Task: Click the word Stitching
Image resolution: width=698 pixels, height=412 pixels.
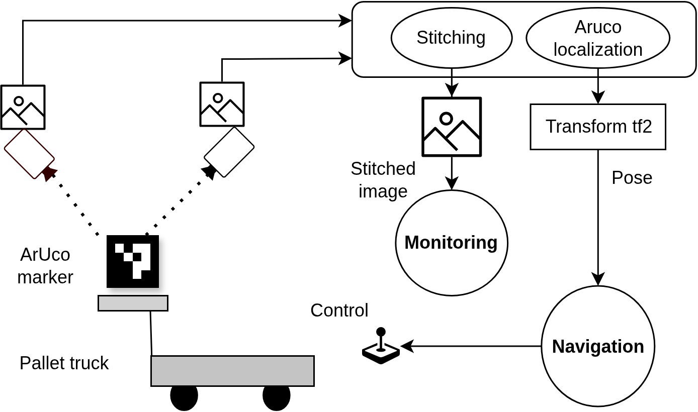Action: tap(451, 38)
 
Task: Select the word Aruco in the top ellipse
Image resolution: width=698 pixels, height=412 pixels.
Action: tap(597, 27)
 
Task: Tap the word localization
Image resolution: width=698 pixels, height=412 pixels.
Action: tap(597, 50)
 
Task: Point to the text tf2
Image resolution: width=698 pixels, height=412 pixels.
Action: tap(642, 127)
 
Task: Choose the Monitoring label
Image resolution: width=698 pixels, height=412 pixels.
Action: tap(451, 243)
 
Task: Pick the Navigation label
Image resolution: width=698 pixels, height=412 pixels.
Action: tap(597, 347)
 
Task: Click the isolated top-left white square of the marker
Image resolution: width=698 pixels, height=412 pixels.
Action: tap(119, 248)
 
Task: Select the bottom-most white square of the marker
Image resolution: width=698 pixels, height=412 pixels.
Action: tap(137, 274)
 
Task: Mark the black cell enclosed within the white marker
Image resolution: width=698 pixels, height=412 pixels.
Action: tap(137, 257)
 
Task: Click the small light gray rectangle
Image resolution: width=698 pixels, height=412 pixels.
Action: tap(133, 303)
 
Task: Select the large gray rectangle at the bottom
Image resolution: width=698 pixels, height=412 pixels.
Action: tap(232, 371)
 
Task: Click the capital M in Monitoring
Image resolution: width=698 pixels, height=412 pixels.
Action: tap(411, 243)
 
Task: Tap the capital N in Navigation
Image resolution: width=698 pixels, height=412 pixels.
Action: tap(558, 347)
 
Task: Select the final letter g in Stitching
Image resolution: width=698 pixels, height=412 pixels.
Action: tap(480, 39)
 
